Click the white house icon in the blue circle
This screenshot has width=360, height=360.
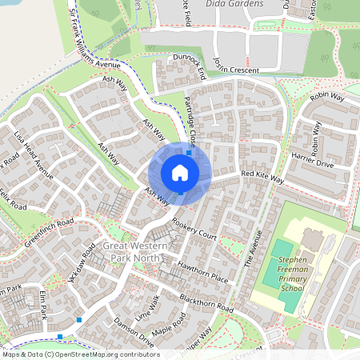179,172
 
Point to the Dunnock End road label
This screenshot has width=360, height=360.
189,68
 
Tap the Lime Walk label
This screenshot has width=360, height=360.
148,309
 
